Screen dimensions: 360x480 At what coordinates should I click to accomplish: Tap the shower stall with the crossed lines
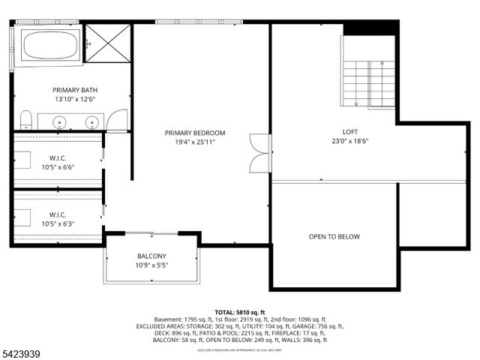(107, 43)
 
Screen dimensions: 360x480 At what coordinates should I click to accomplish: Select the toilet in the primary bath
(25, 120)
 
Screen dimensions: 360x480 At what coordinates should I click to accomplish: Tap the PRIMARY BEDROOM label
(195, 133)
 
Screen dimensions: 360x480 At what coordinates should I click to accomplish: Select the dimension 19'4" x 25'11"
(195, 142)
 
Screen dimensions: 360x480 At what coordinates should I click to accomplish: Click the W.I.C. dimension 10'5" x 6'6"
(58, 168)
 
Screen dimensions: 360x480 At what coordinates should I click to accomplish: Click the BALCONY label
(151, 256)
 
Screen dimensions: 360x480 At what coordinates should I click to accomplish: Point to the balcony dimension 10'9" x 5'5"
(151, 265)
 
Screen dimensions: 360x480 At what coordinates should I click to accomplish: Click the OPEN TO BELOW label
(334, 237)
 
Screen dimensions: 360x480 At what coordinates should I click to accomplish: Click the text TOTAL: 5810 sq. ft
(240, 312)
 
